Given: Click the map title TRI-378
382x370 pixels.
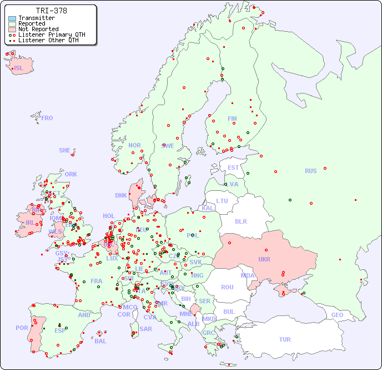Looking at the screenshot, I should pos(51,11).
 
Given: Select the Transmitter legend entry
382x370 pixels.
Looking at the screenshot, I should pos(37,18).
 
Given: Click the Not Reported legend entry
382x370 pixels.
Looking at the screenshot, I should pos(38,29).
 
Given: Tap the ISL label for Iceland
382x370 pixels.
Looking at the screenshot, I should pos(19,68).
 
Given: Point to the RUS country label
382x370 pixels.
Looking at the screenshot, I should pos(310,171).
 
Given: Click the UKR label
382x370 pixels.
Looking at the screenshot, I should pos(264,259).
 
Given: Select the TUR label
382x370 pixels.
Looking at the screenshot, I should pos(285,339).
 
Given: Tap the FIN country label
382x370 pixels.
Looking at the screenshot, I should pos(232,119).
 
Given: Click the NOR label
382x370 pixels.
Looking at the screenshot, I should pos(134,145).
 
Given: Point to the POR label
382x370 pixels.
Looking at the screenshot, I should pos(22,328).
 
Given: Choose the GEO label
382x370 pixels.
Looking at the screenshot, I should pos(337,315).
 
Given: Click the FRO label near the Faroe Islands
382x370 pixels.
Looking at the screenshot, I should pos(47,118).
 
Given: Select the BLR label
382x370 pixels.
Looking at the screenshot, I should pos(241,221).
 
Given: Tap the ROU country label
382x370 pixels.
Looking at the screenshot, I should pos(227,287).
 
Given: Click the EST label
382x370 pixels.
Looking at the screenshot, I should pos(233,167).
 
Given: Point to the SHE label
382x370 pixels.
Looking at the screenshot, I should pos(65,150).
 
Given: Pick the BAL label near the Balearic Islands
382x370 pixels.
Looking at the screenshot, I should pos(100,341).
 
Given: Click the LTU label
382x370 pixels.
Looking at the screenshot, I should pos(222,201).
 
